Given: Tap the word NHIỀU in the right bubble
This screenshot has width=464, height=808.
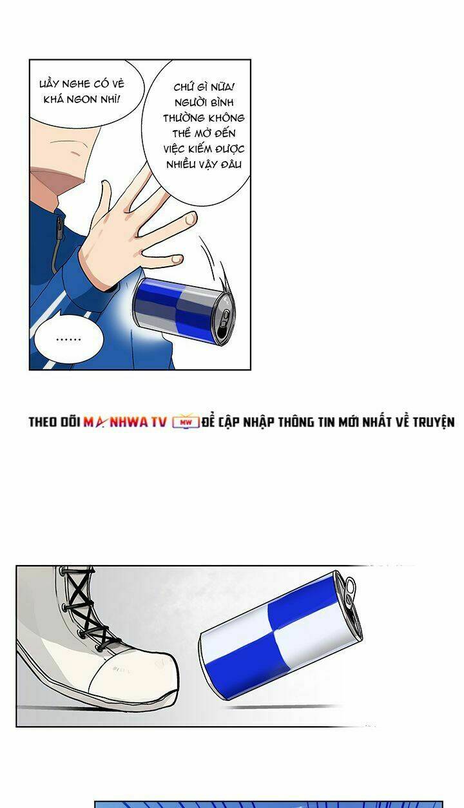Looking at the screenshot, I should tap(179, 165).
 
